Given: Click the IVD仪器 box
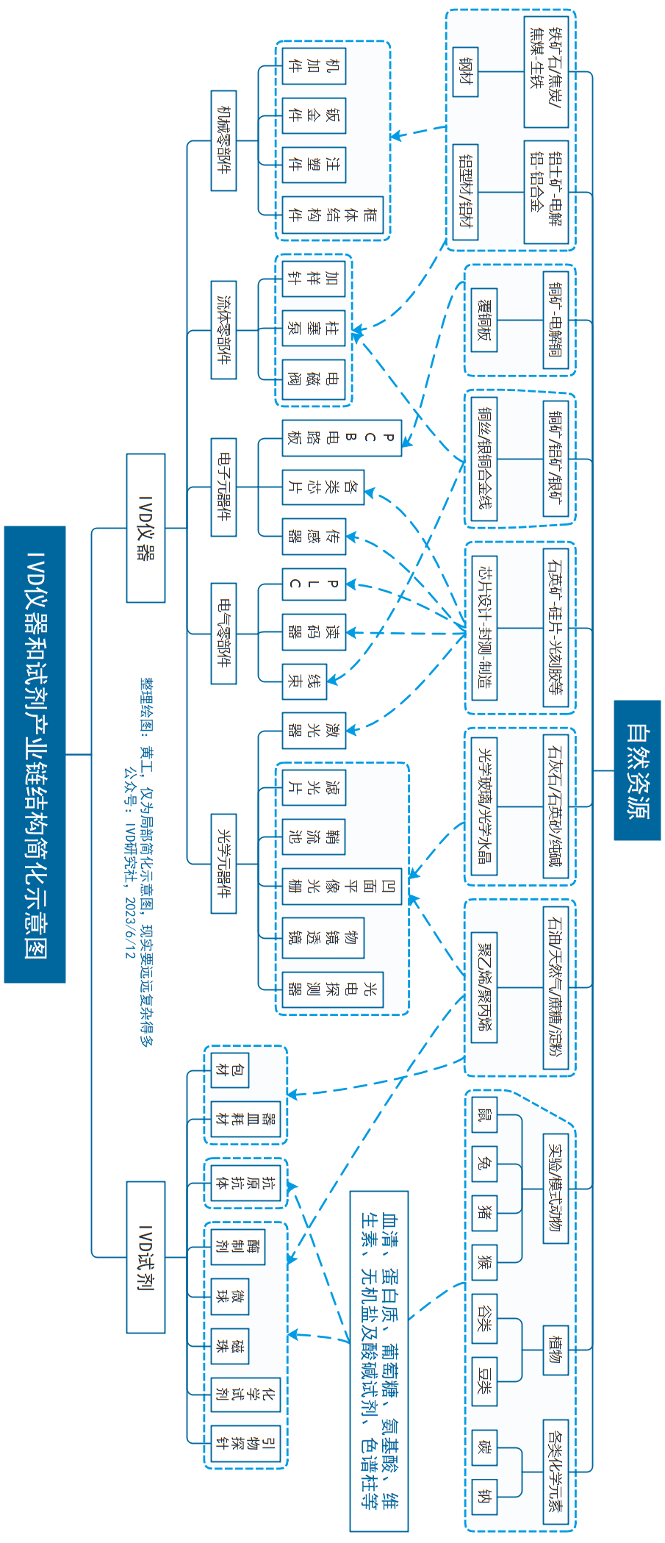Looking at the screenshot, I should tap(145, 528).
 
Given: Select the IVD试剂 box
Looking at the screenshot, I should tap(145, 1257).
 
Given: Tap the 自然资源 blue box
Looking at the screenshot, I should tap(637, 770).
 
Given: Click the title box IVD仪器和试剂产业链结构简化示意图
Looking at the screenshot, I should tap(35, 754).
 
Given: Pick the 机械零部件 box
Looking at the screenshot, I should tap(223, 140).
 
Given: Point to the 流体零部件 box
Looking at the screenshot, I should tap(223, 330).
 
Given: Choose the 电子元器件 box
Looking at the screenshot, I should tap(223, 487).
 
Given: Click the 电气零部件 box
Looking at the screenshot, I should tap(223, 633).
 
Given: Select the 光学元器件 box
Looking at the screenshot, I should tap(223, 863).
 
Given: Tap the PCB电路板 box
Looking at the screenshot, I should tap(342, 438).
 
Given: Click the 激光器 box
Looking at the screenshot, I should tap(314, 730).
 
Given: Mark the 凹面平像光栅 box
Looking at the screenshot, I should tap(342, 886).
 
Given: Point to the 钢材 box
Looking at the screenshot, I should tap(465, 71).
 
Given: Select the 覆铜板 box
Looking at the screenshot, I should tap(484, 320).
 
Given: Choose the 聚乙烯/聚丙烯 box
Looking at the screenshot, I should tap(484, 987).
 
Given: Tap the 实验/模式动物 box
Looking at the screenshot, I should tap(556, 1189).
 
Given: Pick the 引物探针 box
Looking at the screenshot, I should tap(245, 1444).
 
